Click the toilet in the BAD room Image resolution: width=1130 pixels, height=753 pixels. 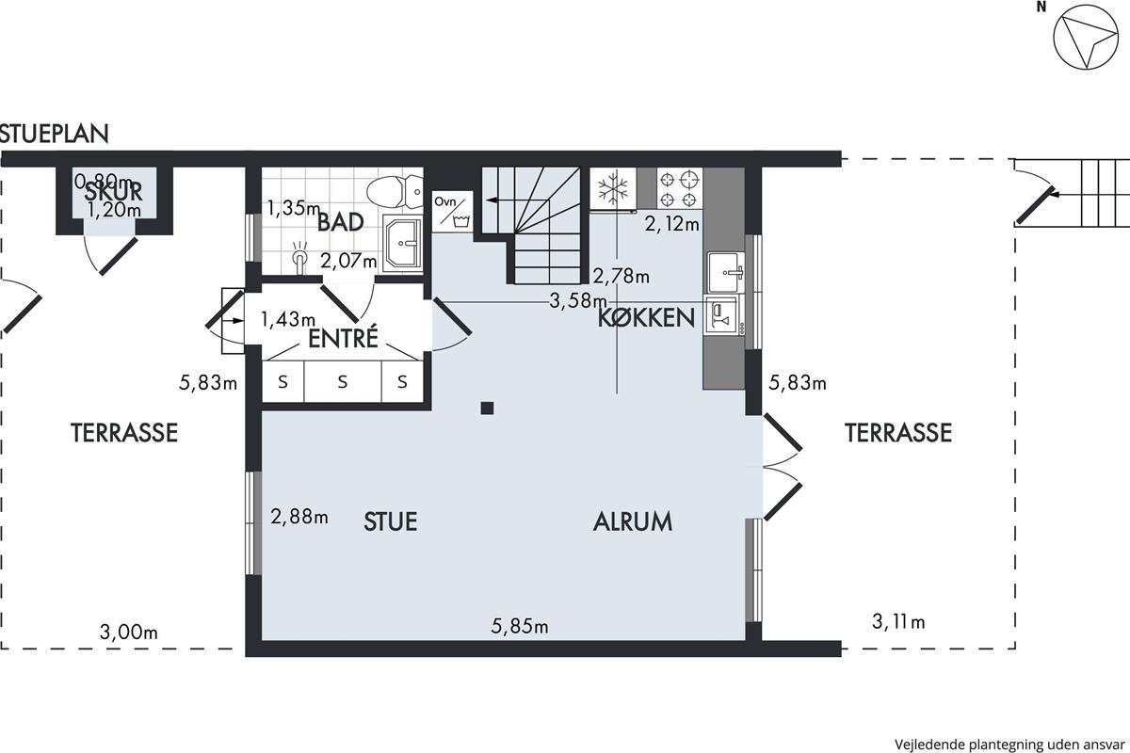point(395,191)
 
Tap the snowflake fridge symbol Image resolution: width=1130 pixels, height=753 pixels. point(613,188)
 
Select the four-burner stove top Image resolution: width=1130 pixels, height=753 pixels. point(679,188)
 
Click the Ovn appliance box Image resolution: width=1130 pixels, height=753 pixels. point(453,212)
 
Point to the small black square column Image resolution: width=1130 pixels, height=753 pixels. point(487,408)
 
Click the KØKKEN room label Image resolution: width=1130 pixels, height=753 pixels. point(646,318)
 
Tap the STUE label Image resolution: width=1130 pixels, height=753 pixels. point(391,521)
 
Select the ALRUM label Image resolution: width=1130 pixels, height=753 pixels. point(633,521)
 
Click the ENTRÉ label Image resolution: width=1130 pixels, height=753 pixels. point(343,338)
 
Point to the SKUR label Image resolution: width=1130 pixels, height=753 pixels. point(114,192)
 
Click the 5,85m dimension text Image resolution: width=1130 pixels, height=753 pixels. point(520,627)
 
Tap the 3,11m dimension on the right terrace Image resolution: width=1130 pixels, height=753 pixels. point(898,621)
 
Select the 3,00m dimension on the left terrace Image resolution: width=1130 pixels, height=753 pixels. point(129,632)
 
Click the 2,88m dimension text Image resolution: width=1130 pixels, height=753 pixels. point(299,517)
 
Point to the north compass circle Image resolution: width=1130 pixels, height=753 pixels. point(1086,44)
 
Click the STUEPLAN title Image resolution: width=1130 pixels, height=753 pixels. point(54,134)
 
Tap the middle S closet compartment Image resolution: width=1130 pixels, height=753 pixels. point(343,382)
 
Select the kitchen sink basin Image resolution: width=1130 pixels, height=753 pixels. point(726,272)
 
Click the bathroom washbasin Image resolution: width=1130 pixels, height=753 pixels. point(403,243)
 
